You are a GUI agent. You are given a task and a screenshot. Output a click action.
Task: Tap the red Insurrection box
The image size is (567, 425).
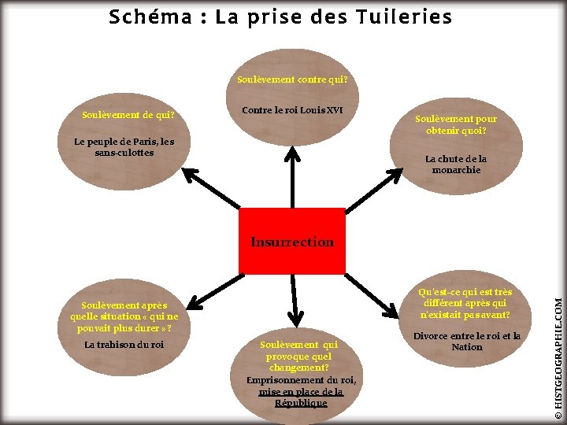point(292,241)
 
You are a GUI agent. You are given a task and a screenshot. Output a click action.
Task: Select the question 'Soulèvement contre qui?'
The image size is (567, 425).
point(292,79)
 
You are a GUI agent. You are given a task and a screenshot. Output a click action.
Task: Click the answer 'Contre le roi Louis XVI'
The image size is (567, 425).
point(292,109)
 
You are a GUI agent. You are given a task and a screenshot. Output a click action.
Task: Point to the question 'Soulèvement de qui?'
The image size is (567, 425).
point(128,115)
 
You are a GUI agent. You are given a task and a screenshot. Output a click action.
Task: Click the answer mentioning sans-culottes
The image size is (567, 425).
point(124,147)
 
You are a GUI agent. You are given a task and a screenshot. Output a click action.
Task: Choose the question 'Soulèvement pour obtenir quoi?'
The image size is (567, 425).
point(456,124)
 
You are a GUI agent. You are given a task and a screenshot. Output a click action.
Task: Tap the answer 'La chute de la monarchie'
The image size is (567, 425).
point(456,164)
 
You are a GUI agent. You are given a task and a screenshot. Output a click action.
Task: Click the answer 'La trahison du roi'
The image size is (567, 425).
point(124,345)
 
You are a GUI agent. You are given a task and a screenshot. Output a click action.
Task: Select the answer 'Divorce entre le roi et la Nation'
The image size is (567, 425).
point(467,341)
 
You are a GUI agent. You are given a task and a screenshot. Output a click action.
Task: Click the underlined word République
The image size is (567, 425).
point(301,403)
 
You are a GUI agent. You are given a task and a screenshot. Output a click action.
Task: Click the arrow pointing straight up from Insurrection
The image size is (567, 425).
point(292,177)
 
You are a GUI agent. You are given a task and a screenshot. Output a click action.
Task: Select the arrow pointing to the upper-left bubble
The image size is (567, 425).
point(211,189)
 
